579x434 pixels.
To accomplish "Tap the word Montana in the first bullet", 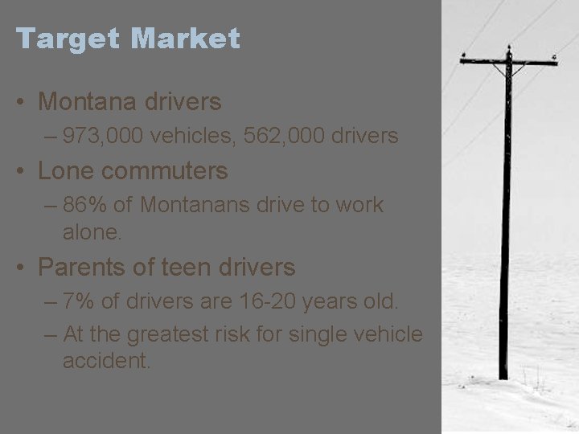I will tap(88, 102).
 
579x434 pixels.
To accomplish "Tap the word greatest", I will tap(175, 334).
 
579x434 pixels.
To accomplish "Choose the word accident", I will tap(106, 359).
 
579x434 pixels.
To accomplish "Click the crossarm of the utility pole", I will tap(507, 61).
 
